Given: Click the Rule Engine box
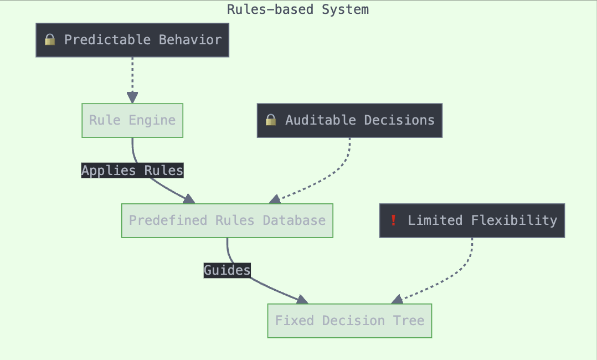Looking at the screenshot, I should pos(132,120).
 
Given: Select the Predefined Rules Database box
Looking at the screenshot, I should pos(227,220).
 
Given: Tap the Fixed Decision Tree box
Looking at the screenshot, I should pos(349,321).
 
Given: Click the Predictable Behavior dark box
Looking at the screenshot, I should pos(132,40).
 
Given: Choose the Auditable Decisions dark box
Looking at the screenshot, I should pos(349,120).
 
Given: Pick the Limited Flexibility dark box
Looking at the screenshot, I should pos(472,220).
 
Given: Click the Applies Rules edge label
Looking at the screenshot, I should pos(132,171).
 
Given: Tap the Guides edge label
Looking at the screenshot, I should pos(227,271).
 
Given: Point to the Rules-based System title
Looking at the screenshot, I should pos(298,9).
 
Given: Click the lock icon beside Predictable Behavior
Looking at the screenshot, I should pos(50,40).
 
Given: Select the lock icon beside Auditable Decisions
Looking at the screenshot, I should pos(271,120).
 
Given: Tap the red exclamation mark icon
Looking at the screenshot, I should pos(394,220).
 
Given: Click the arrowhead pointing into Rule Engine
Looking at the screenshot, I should pos(132,97).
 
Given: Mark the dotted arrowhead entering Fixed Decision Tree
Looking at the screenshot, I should pos(398,300).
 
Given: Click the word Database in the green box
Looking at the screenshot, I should pos(294,220).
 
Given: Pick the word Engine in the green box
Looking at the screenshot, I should pos(152,120).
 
